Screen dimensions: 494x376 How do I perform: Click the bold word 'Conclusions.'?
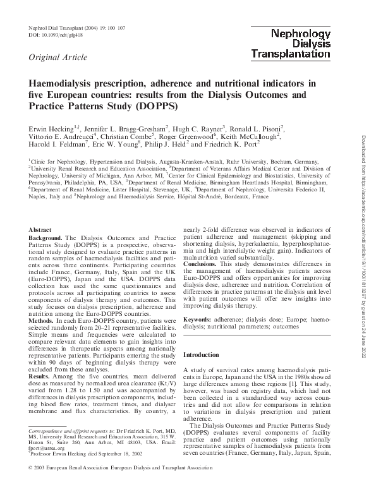pos(203,263)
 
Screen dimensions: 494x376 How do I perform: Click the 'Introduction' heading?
pos(203,355)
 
